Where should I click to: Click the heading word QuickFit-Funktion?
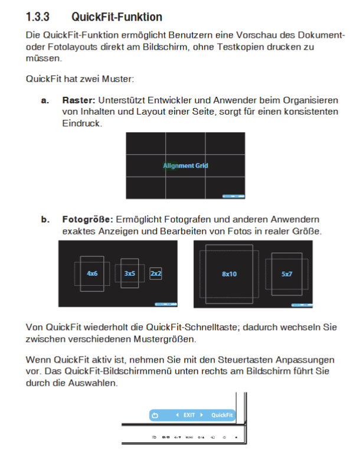click(116, 17)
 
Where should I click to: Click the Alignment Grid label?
click(186, 166)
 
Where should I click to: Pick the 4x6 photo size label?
click(92, 274)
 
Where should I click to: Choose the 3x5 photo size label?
click(130, 274)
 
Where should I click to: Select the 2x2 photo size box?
click(155, 274)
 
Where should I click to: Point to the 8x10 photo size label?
click(229, 274)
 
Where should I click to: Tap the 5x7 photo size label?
click(287, 274)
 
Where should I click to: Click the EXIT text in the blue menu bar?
click(189, 415)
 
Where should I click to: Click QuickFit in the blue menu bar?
click(222, 415)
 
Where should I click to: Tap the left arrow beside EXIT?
click(177, 415)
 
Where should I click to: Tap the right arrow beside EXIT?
click(201, 415)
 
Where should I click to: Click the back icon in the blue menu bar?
click(155, 415)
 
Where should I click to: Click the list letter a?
click(44, 100)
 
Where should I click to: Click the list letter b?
click(44, 219)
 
